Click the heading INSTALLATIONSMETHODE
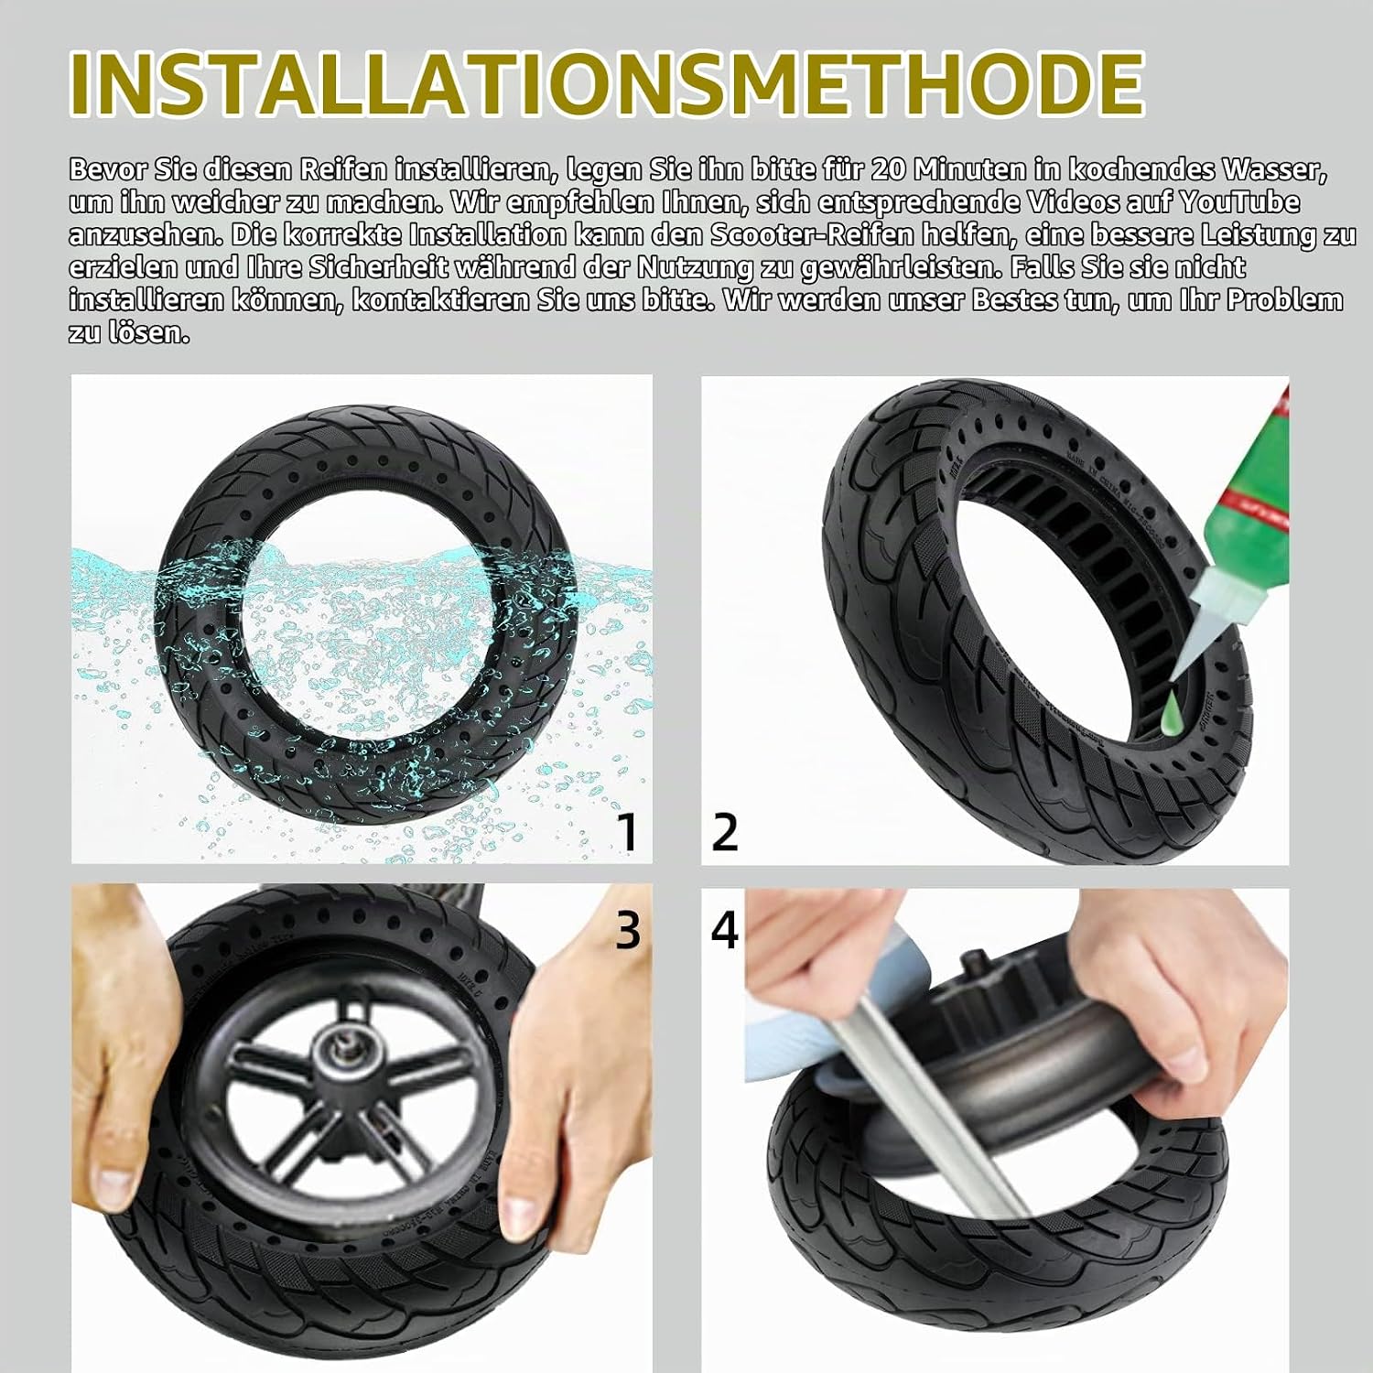pyautogui.click(x=607, y=84)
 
